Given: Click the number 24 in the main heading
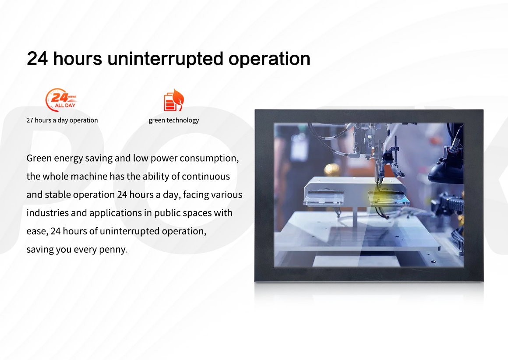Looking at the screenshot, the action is pos(37,59).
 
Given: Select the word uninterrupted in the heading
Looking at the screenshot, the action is pos(165,59).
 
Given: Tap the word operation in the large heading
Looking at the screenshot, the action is pos(269,59).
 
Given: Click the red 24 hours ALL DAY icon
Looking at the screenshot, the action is pos(61,99).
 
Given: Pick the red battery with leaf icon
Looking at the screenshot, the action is pos(174,100).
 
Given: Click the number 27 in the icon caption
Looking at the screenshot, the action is pos(30,120).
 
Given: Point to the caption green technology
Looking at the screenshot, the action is pos(174,120).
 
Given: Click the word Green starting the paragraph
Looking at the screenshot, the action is pos(39,158).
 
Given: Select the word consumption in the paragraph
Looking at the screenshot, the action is pos(209,159).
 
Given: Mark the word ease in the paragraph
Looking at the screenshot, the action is pos(37,231).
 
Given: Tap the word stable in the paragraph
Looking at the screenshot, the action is pos(59,195).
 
